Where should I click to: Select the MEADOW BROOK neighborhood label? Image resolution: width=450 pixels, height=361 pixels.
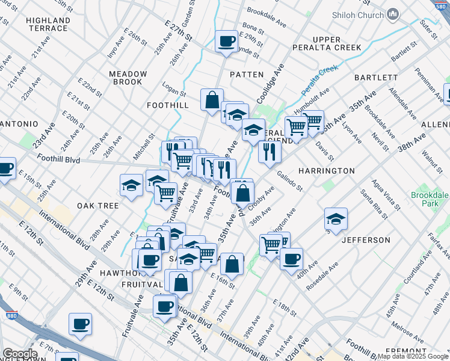[x=128, y=78]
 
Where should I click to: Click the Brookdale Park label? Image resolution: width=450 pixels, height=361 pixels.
[x=430, y=200]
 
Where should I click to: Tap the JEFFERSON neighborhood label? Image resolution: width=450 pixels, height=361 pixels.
[x=366, y=240]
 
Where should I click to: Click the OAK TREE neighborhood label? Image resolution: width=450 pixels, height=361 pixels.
[x=97, y=206]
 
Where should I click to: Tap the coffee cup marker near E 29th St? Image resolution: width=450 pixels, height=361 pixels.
[x=226, y=42]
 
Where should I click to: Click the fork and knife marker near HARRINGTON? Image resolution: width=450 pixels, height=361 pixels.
[x=270, y=152]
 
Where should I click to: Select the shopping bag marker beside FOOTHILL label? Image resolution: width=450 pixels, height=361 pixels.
[x=212, y=100]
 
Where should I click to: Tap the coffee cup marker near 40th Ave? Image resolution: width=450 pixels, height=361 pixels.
[x=291, y=259]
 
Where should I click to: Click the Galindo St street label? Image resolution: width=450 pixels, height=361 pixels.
[x=290, y=180]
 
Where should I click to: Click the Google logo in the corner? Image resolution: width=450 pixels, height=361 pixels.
[x=20, y=354]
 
